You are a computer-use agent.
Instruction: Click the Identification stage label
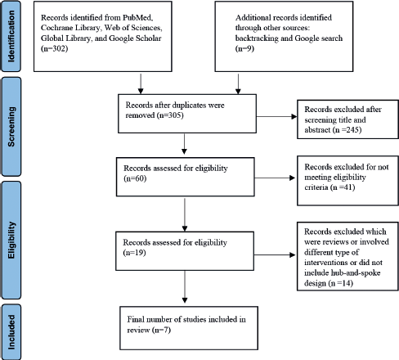(11, 36)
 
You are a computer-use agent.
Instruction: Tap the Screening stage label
(11, 127)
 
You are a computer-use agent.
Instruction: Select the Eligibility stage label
(11, 240)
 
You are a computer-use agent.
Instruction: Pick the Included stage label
(11, 332)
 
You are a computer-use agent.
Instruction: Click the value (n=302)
(54, 48)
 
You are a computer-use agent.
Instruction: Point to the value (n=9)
(244, 48)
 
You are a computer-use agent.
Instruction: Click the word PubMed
(137, 17)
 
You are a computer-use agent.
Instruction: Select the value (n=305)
(170, 115)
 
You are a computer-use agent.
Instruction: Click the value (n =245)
(347, 129)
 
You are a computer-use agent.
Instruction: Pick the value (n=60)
(135, 178)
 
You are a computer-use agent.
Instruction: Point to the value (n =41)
(343, 187)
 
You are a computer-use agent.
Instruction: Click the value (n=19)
(134, 253)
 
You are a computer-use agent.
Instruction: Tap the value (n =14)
(341, 283)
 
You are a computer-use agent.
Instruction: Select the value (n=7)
(161, 330)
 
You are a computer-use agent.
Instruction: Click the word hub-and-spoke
(356, 272)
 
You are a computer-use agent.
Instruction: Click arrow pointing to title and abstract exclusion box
(276, 117)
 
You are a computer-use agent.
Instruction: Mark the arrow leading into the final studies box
(185, 286)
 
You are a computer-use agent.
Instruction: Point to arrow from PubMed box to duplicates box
(141, 83)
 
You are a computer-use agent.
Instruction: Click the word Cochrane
(56, 28)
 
